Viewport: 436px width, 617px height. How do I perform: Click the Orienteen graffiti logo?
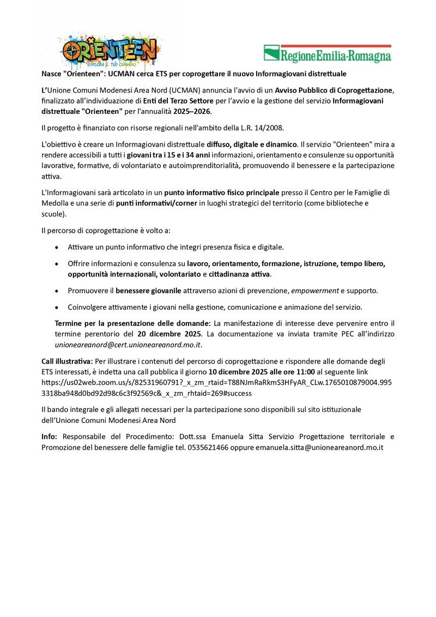[110, 50]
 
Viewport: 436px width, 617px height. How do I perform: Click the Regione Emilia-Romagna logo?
[328, 54]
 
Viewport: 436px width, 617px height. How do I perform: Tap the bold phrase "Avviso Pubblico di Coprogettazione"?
[334, 89]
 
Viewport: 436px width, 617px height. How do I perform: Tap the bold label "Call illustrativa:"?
[67, 361]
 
